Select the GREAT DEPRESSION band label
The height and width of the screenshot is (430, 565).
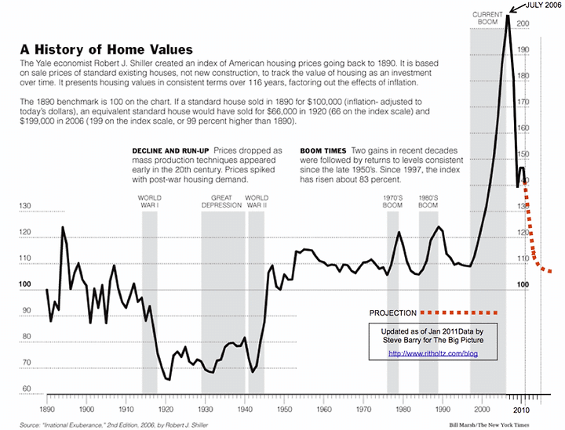223,201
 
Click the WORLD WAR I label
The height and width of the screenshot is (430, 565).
149,201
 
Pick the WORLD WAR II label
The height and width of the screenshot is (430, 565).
257,201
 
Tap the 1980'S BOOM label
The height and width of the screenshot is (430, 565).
428,201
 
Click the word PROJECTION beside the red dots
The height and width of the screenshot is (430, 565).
393,313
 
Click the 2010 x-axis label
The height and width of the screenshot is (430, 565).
522,409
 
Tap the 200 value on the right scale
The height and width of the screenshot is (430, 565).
523,24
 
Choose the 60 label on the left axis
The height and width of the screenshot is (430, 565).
26,388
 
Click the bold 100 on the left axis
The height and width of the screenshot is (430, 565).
26,285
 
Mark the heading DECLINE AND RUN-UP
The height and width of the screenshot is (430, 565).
170,150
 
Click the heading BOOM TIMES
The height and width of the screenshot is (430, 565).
323,150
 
